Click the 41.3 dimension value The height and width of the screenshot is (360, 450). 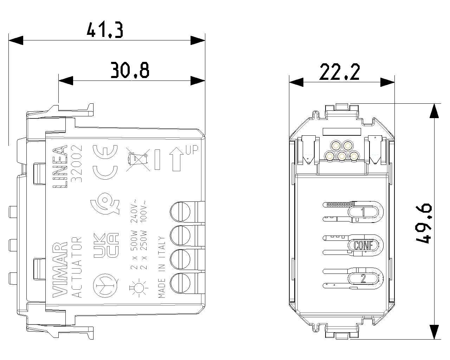(105, 30)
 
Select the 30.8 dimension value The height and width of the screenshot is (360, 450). (130, 70)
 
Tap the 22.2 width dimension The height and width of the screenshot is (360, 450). (340, 72)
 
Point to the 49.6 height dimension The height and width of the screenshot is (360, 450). (424, 224)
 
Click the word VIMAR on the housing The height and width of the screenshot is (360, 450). (60, 270)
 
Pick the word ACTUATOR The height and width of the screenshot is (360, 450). (77, 267)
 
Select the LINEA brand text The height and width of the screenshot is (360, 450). (60, 167)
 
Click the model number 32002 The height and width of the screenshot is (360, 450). (77, 164)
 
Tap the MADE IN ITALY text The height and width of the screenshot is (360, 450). (162, 267)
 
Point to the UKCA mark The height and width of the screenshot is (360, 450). (106, 245)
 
